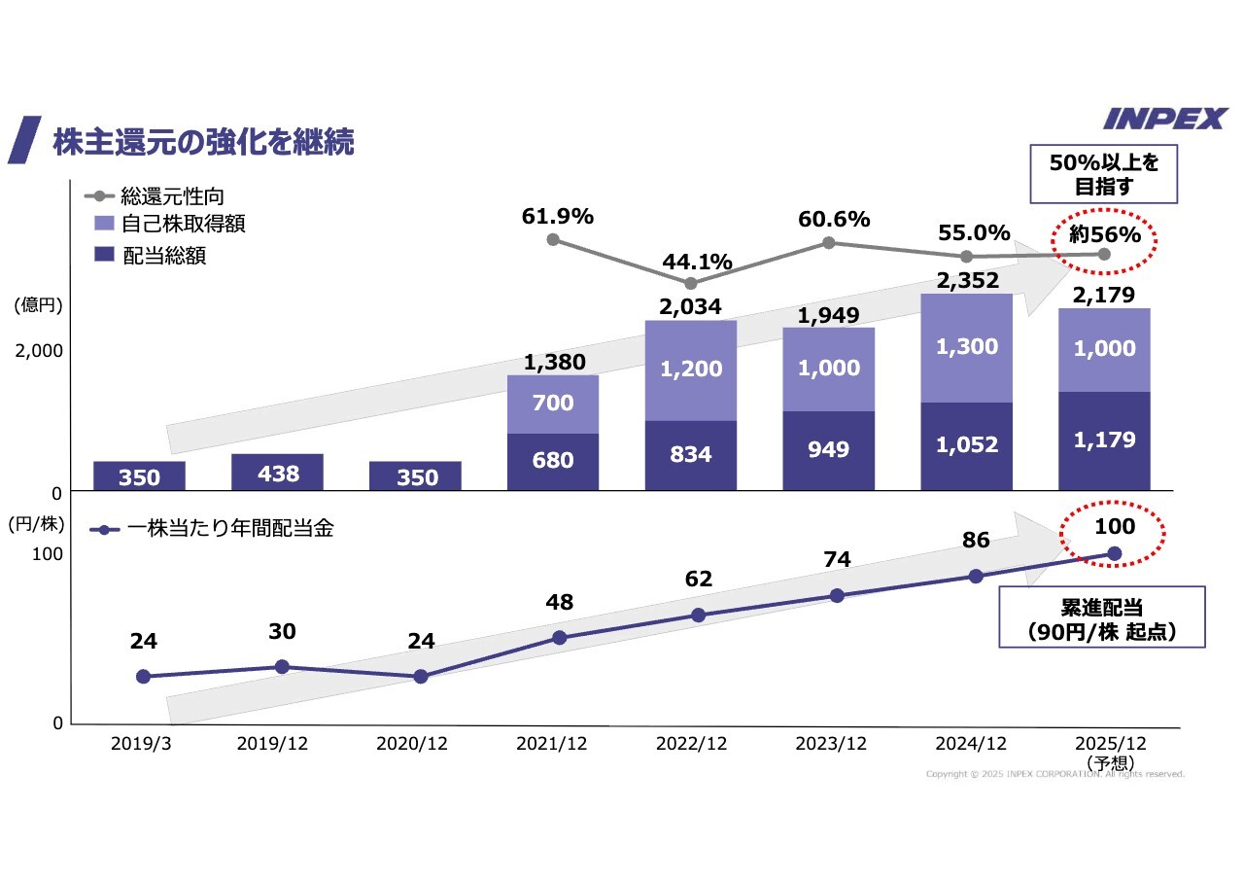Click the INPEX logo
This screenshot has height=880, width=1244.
pos(1165,119)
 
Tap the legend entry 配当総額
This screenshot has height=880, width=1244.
pos(164,256)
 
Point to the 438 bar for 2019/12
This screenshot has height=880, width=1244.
pos(277,473)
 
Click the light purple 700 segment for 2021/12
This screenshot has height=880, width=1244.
pos(553,404)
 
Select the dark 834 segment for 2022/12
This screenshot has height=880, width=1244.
pos(691,455)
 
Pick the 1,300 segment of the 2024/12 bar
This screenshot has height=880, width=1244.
pos(967,348)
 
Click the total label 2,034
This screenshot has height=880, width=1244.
pos(691,307)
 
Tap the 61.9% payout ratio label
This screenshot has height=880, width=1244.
pos(558,217)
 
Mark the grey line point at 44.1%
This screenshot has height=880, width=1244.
pos(691,284)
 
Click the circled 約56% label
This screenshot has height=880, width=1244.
pos(1105,235)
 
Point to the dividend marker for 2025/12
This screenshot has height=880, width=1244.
pos(1115,553)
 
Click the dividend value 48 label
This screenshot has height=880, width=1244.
pos(559,602)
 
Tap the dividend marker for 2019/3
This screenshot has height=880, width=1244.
pos(144,676)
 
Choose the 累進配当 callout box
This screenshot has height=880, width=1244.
pos(1102,616)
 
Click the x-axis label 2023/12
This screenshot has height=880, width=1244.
pos(830,744)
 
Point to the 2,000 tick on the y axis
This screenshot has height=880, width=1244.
pos(38,350)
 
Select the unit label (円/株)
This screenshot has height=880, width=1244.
pos(36,524)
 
